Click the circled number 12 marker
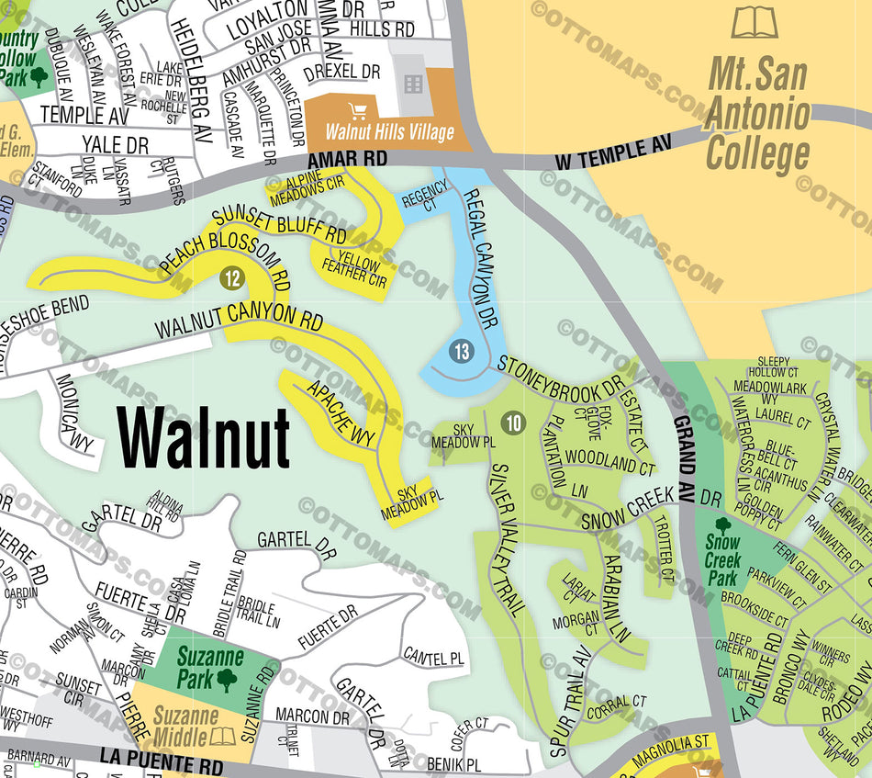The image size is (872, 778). (x=231, y=276)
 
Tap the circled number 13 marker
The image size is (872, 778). (x=462, y=350)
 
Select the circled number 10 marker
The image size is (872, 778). (x=513, y=423)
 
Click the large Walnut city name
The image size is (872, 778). (x=204, y=438)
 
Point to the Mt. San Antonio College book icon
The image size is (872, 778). (x=755, y=22)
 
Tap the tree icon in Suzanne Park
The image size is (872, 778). (x=226, y=679)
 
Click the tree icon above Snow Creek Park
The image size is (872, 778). (x=722, y=526)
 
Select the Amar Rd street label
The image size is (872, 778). (x=354, y=159)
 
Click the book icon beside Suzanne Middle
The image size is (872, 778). (x=222, y=736)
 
